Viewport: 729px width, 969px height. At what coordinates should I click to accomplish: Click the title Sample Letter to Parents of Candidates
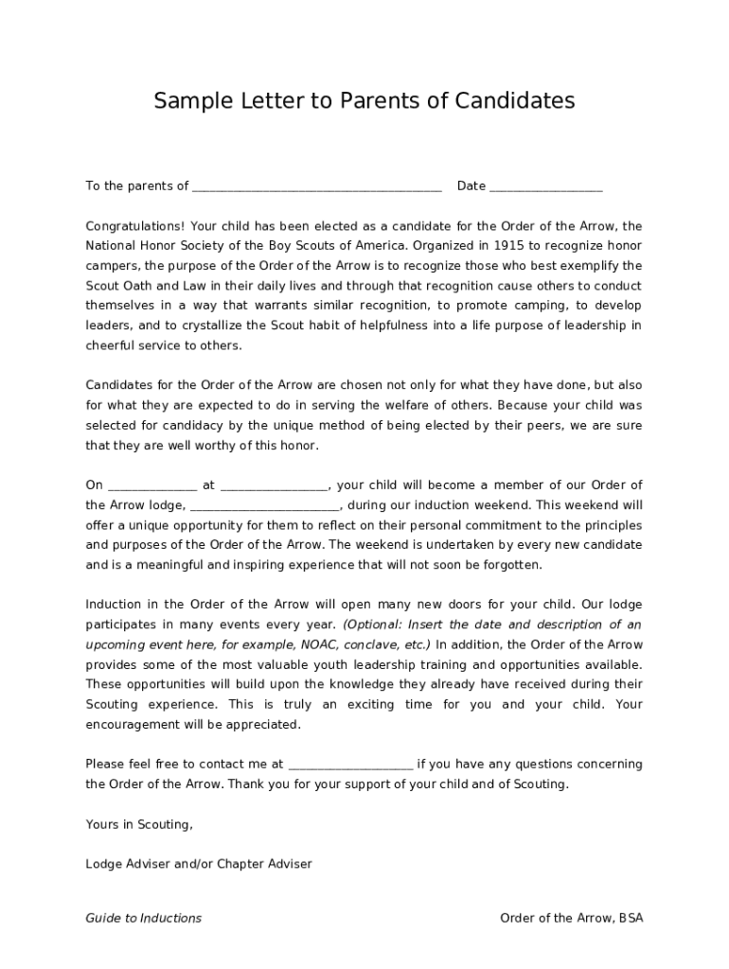[x=364, y=100]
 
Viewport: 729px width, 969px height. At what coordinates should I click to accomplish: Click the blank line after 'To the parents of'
[x=316, y=186]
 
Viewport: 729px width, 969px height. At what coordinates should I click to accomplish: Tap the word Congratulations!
[x=135, y=226]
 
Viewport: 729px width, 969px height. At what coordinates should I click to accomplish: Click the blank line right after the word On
[x=152, y=485]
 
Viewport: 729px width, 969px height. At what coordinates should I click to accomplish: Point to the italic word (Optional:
[x=375, y=625]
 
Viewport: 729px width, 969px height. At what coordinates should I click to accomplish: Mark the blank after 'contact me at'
[x=349, y=764]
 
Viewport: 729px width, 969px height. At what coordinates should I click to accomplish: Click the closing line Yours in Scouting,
[x=139, y=824]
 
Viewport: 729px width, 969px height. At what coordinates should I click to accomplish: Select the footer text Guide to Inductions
[x=143, y=918]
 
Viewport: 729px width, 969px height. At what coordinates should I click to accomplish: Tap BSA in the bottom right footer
[x=631, y=918]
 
